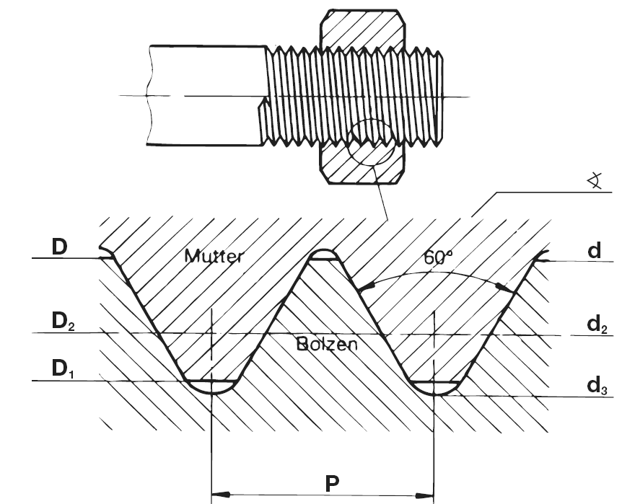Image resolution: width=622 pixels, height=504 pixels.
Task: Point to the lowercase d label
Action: coord(593,251)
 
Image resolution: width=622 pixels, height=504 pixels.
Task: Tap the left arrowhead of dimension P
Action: coord(220,495)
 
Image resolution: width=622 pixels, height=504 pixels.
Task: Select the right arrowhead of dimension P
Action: coord(424,495)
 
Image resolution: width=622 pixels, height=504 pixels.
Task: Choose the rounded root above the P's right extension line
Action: coord(433,387)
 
